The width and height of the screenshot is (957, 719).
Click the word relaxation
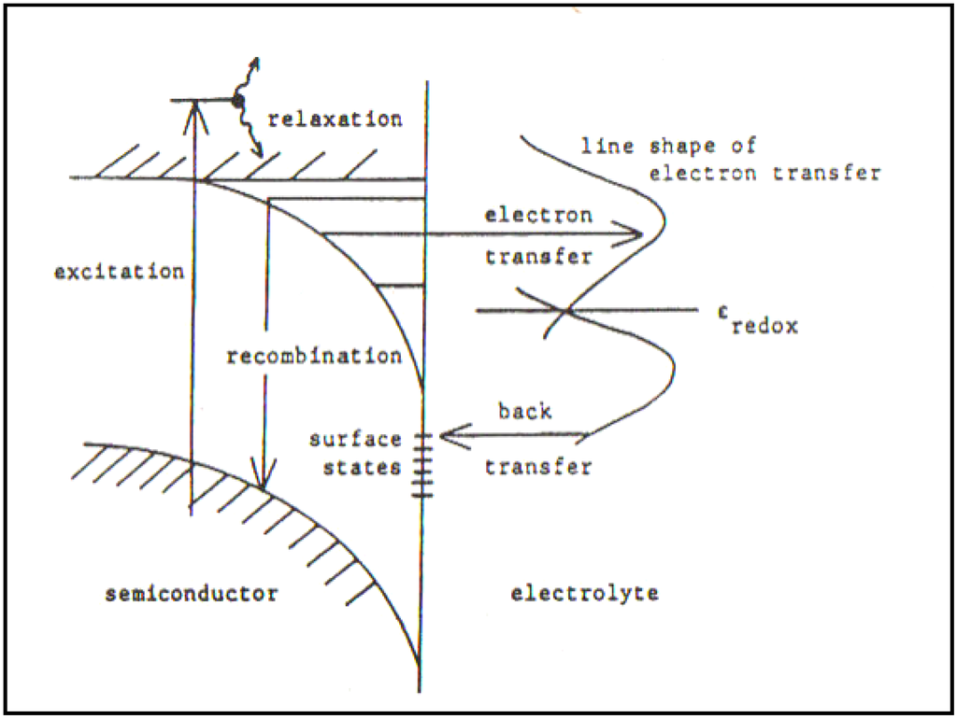click(334, 120)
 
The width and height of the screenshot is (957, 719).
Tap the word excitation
click(119, 273)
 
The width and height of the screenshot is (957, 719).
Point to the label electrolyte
click(585, 593)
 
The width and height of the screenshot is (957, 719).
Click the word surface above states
click(356, 439)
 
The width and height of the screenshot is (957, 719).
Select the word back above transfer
click(524, 411)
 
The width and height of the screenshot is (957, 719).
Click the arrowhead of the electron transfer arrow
click(639, 233)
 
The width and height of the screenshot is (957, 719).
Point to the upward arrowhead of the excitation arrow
click(193, 106)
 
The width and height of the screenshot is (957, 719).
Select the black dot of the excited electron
click(238, 100)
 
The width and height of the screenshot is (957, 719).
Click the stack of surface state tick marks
click(422, 464)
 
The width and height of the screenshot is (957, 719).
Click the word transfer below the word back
click(538, 467)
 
